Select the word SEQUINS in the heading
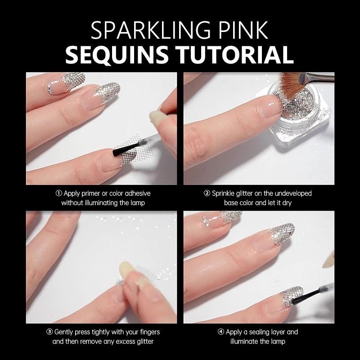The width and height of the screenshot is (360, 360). (x=117, y=54)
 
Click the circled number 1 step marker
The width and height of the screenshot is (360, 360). (x=59, y=193)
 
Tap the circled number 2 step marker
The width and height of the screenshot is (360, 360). (x=207, y=193)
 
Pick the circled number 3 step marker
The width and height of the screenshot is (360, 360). (x=49, y=332)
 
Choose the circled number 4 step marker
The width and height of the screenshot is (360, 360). (x=220, y=332)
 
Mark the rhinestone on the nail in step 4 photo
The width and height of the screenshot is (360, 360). (x=206, y=220)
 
